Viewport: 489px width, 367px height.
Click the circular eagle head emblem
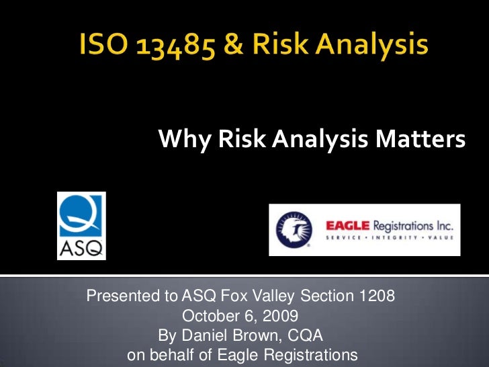click(x=294, y=230)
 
